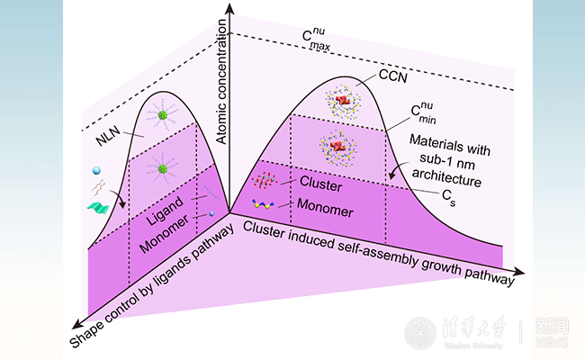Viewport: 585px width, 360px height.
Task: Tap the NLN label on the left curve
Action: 109,140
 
